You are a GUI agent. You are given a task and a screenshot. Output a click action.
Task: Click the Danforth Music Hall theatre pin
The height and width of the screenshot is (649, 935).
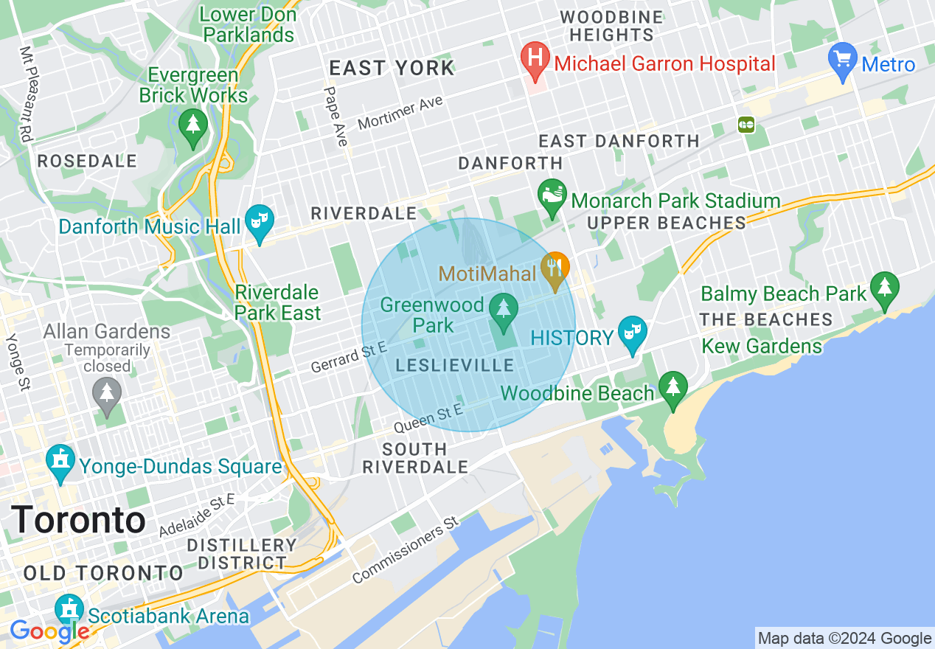[259, 223]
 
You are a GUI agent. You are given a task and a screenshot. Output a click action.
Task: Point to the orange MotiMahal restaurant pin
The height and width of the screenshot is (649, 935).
[555, 270]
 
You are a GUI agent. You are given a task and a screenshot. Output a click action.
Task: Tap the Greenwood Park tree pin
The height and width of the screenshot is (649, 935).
[504, 310]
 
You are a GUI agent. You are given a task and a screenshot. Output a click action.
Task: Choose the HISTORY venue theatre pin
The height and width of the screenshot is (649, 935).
[632, 334]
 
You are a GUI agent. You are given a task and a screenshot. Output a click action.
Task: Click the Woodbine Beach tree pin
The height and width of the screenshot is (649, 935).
[672, 389]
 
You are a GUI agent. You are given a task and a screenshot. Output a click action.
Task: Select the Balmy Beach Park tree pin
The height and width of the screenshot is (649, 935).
[884, 290]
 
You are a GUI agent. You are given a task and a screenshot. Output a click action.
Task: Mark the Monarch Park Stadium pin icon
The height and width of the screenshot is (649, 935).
[552, 196]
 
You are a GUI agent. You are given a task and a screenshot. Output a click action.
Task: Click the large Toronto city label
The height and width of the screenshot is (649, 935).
[78, 520]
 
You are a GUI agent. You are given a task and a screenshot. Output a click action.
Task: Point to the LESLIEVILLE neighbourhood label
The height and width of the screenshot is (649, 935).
[455, 366]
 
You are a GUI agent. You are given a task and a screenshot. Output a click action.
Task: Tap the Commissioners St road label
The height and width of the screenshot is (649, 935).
[406, 550]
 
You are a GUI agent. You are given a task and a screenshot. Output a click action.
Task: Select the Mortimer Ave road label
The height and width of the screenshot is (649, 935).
[400, 113]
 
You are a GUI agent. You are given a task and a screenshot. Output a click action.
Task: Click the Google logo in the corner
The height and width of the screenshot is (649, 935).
[49, 631]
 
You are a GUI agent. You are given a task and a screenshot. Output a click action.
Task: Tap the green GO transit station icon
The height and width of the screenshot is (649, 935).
[746, 125]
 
